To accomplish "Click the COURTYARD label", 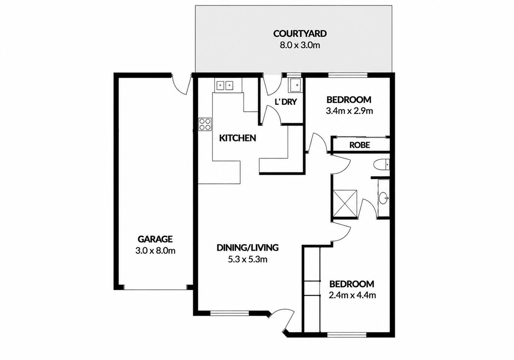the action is (x=300, y=34).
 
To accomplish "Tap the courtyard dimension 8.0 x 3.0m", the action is (x=300, y=45).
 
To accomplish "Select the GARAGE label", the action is (x=155, y=239).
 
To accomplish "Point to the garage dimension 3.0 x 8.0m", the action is (x=155, y=250).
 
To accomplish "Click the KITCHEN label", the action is (x=237, y=138).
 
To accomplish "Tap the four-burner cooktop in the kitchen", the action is (x=205, y=124).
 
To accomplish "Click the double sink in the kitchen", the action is (x=225, y=85).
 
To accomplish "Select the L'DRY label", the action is (x=286, y=102).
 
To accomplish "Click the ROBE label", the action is (x=359, y=145).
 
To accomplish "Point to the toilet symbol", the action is (x=381, y=165).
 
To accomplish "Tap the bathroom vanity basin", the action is (x=383, y=198).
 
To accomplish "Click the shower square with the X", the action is (x=345, y=203).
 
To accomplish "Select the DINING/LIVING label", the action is (x=248, y=247).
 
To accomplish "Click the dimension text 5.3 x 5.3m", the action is (x=248, y=259).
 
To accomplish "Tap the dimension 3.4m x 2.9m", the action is (x=349, y=111).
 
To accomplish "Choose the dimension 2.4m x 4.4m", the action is (x=352, y=295).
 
